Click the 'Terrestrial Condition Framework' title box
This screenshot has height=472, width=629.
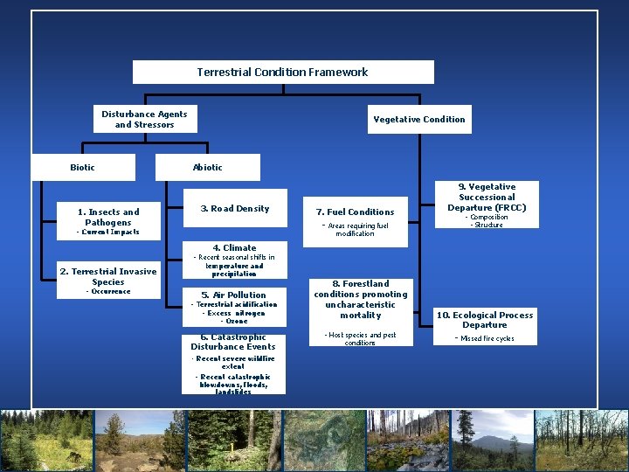pos(282,72)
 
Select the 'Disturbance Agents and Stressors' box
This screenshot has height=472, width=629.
pos(144,119)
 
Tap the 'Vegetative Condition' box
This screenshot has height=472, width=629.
pos(419,119)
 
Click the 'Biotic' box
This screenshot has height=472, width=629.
pos(83,167)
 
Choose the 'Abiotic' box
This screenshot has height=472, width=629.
pos(207,167)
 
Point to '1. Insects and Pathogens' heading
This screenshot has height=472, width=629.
pos(108,217)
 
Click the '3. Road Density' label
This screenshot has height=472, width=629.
pos(234,208)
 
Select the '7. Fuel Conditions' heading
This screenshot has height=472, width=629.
pos(355,212)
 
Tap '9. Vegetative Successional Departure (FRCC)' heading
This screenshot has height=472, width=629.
pos(487,197)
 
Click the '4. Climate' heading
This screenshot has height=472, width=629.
pos(234,247)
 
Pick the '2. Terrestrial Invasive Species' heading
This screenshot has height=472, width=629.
pos(108,276)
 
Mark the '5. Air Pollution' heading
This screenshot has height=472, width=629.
pos(234,295)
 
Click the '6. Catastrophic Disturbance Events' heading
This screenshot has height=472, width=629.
pos(233,342)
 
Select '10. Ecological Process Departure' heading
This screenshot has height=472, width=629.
pos(485,320)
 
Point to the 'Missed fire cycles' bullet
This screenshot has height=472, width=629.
pos(486,338)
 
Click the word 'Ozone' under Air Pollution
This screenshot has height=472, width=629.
pos(234,321)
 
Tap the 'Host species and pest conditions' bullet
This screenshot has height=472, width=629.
pos(360,338)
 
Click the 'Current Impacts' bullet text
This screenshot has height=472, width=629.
pos(108,232)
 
